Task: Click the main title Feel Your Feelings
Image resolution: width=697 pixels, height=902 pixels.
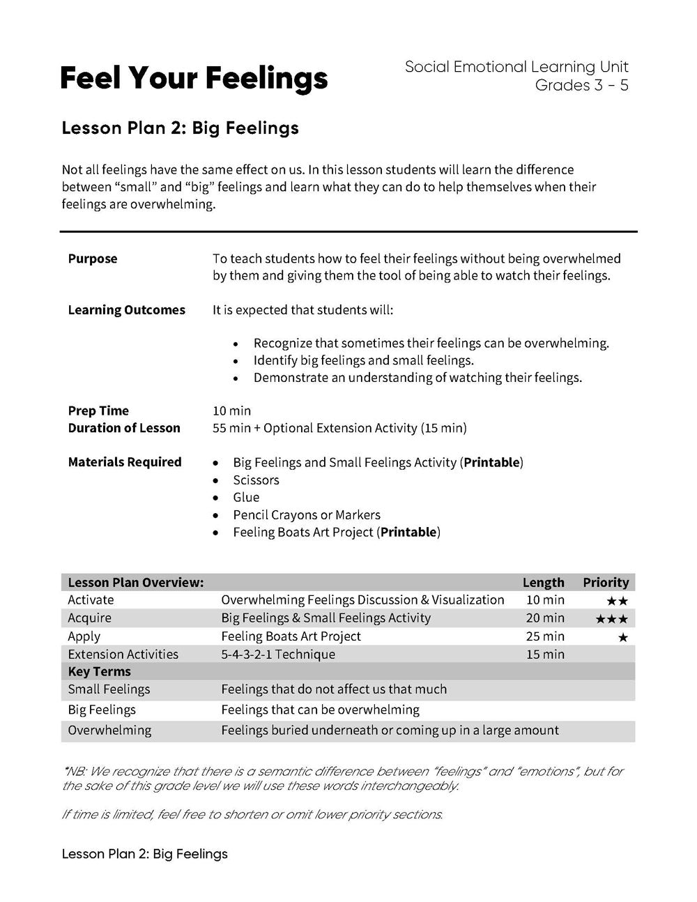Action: pos(194,79)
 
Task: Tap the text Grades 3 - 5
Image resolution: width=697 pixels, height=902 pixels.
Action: pos(581,85)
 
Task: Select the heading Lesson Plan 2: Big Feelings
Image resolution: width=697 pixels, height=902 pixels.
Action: pos(181,128)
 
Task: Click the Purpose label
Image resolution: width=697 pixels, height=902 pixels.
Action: pos(93,259)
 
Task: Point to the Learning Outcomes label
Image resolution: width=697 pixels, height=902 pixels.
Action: pos(127,310)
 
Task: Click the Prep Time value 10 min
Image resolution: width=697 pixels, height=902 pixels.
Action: pos(231,411)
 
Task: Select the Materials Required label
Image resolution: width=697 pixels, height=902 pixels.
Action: pos(125,462)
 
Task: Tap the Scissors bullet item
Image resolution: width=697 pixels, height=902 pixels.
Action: pos(256,480)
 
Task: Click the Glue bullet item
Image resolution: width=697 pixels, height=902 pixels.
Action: pos(246,498)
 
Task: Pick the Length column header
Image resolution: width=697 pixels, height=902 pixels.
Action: pos(543,582)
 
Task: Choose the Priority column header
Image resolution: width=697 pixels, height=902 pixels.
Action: pos(606,582)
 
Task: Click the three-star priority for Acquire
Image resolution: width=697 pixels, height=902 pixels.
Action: pos(611,619)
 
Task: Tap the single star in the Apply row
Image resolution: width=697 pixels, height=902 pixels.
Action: pos(622,637)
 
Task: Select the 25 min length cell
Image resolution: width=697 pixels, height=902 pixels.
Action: pos(545,636)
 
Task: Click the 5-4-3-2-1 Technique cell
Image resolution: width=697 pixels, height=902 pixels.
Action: pos(278,655)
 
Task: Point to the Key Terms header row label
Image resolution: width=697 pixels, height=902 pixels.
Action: pos(99,672)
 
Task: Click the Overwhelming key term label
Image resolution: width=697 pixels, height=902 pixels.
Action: pos(109,731)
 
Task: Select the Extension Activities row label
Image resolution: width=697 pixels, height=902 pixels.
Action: pos(123,655)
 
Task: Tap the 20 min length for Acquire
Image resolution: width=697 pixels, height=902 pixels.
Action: pos(545,618)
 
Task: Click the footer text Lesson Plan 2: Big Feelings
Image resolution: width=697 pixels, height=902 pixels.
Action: pos(145,854)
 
